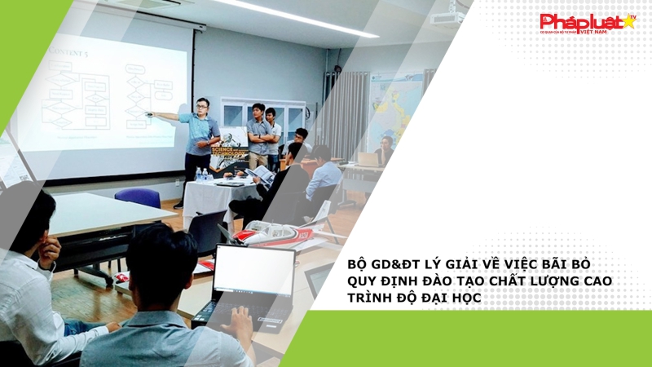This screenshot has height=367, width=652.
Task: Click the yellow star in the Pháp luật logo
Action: pos(628,22)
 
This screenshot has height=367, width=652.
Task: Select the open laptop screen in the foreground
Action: pos(253,270)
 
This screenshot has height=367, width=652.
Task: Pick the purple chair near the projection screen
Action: pos(138,198)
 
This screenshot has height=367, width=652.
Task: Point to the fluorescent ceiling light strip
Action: pos(293,15)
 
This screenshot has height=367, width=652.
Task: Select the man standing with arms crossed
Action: pos(258,135)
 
